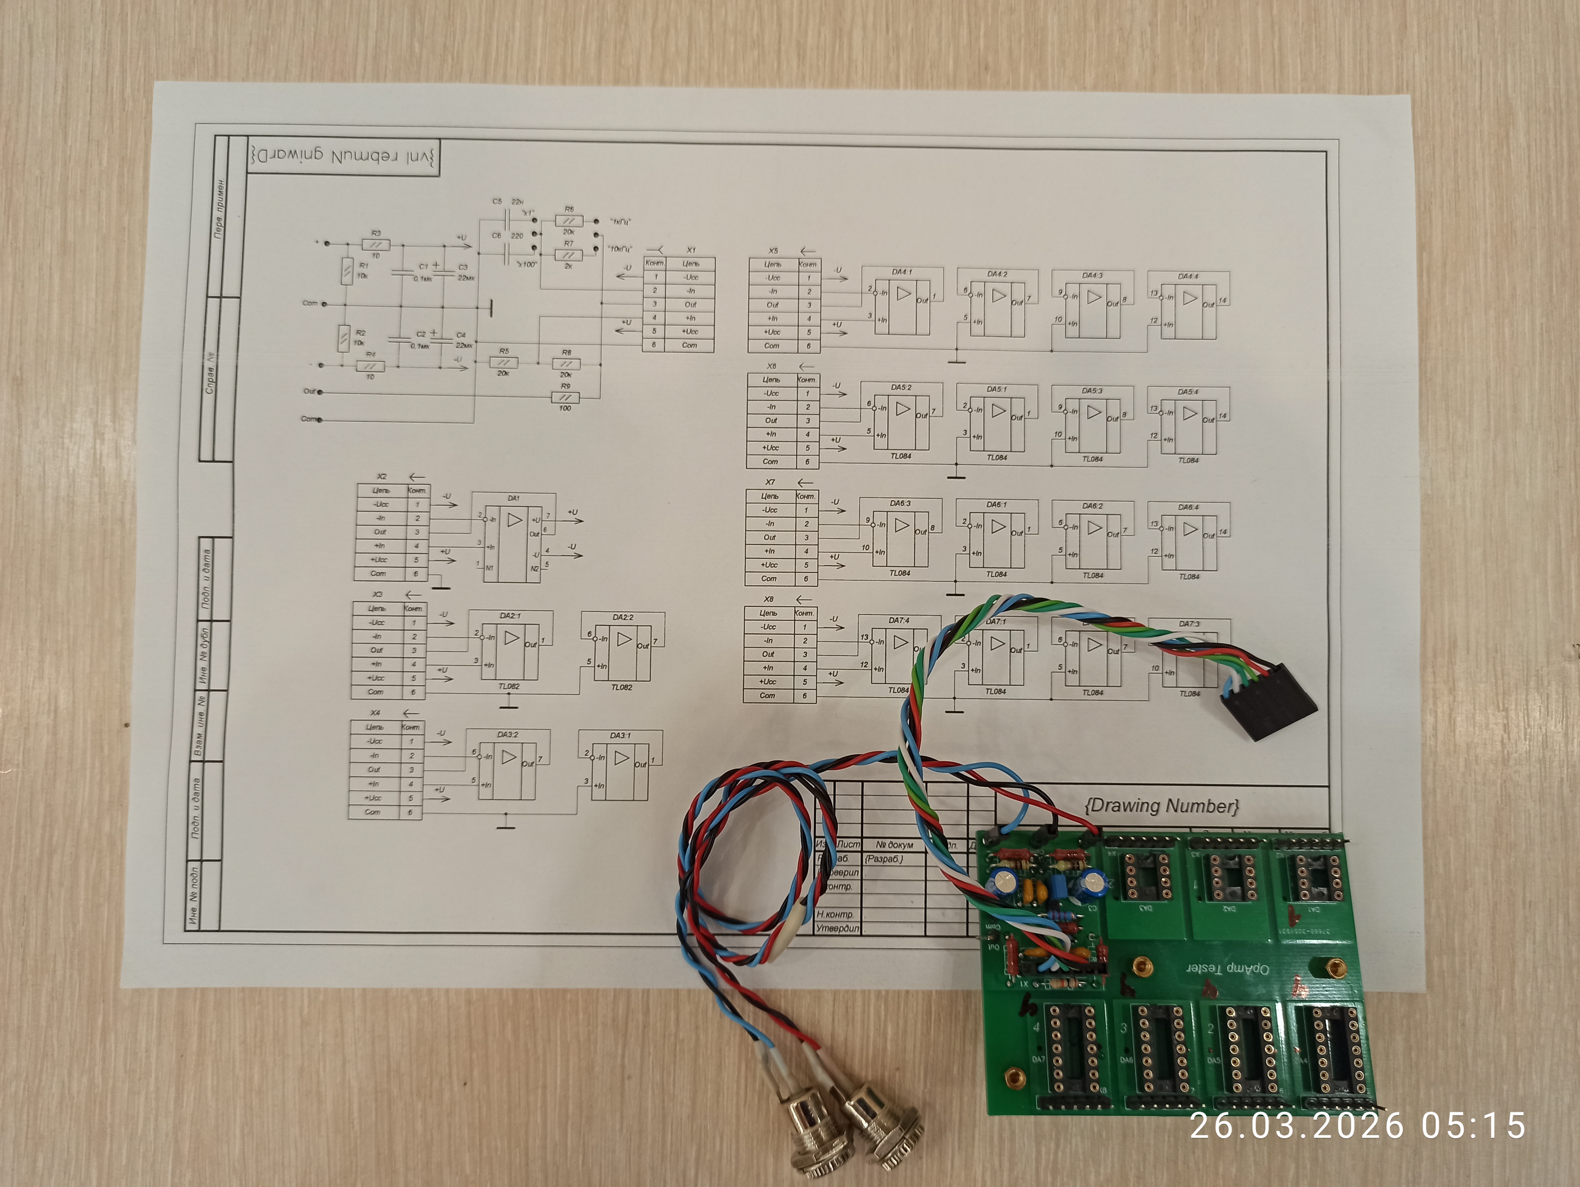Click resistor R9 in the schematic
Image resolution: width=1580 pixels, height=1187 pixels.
point(566,397)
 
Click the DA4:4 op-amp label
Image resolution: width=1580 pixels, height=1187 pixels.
point(1188,276)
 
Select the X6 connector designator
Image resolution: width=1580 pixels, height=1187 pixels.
point(772,366)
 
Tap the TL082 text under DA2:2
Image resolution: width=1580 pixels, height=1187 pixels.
point(622,688)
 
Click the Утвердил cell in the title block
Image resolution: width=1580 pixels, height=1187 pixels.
point(838,928)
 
